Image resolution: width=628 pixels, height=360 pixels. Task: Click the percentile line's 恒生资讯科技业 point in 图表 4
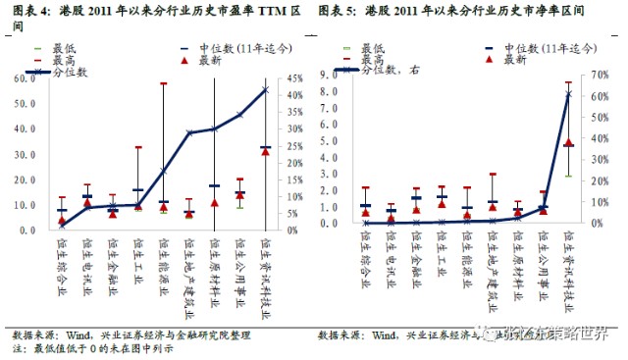tap(265, 89)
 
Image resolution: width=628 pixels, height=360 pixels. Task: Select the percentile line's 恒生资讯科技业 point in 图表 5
tap(568, 94)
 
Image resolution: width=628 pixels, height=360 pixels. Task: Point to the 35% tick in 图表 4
tap(287, 113)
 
